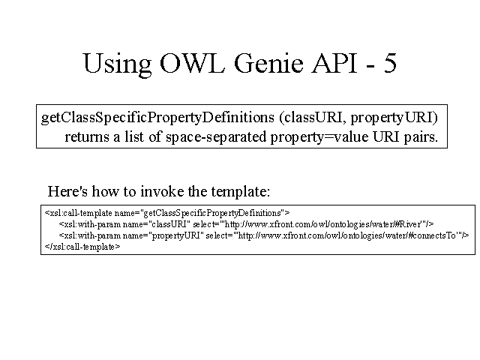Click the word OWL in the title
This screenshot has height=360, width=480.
192,63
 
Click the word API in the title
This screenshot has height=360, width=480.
334,63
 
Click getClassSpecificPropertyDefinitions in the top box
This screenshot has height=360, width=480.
157,118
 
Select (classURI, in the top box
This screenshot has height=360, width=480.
312,118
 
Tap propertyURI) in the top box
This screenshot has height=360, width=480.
394,118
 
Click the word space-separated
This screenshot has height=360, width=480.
216,137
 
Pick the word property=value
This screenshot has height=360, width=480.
319,137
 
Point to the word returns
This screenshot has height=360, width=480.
87,136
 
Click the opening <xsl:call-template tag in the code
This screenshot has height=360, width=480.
78,213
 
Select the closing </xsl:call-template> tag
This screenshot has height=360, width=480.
82,247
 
